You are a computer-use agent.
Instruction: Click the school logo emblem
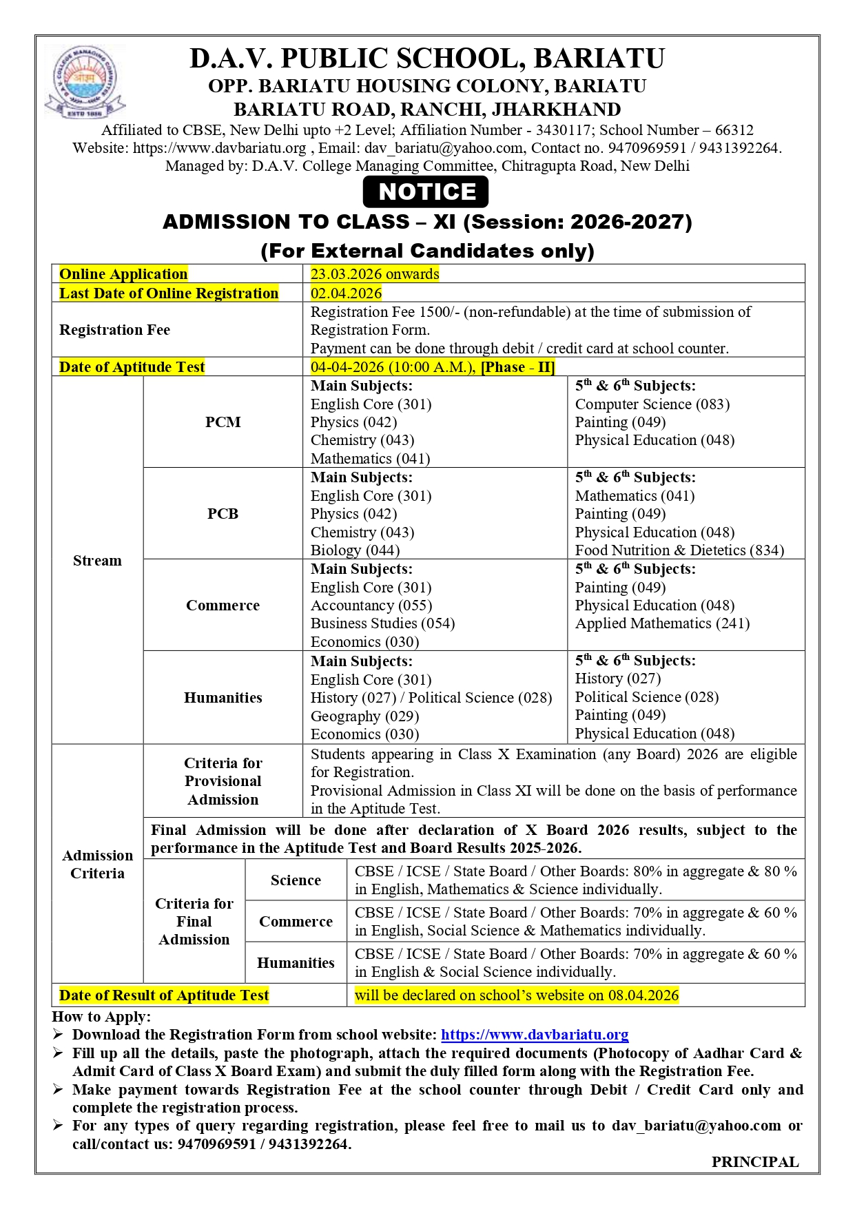[85, 81]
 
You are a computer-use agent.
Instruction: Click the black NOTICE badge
[426, 192]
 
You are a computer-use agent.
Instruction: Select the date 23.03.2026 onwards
[374, 273]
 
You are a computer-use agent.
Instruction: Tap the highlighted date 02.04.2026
[346, 293]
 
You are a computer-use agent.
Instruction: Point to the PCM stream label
[223, 422]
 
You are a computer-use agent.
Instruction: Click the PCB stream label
[223, 513]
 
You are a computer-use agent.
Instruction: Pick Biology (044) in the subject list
[355, 550]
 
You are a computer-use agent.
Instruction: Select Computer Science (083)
[652, 404]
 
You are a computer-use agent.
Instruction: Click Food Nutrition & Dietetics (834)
[679, 550]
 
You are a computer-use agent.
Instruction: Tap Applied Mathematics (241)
[662, 623]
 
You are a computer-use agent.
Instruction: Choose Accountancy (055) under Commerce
[371, 605]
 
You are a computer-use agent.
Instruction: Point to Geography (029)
[364, 716]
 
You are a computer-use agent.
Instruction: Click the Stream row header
[97, 560]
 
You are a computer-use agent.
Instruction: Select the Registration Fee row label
[114, 329]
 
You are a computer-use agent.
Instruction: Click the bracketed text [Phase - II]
[517, 366]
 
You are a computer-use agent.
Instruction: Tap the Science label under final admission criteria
[296, 880]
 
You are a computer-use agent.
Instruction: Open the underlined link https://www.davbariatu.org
[535, 1034]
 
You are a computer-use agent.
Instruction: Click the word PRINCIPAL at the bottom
[754, 1161]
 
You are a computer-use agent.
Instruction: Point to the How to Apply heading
[101, 1016]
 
